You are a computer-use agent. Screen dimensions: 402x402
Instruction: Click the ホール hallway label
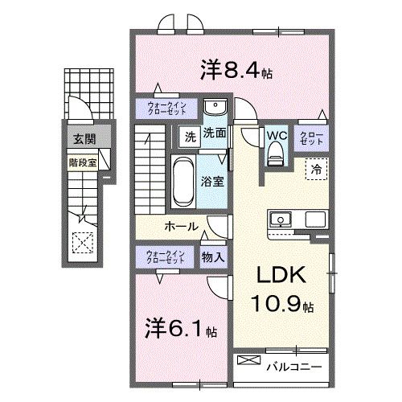click(x=182, y=227)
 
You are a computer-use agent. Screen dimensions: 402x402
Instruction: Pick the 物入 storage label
click(x=212, y=257)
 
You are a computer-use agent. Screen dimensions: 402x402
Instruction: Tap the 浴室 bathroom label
click(x=213, y=182)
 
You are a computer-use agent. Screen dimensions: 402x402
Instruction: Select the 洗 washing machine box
click(x=188, y=136)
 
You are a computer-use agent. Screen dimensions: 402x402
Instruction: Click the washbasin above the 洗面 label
click(x=214, y=109)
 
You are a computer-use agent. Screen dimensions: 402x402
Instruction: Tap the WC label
click(x=277, y=135)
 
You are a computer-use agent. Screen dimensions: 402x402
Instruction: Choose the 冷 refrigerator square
click(x=317, y=170)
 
